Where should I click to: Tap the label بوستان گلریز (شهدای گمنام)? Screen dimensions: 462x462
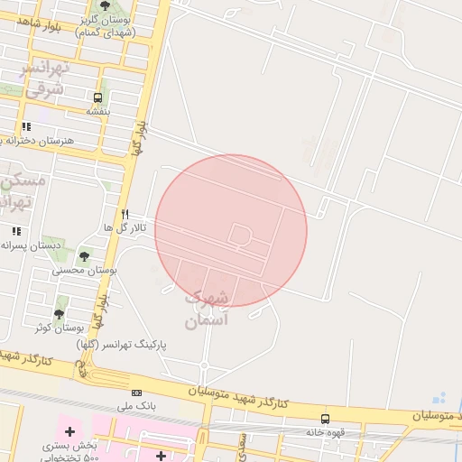(x=106, y=25)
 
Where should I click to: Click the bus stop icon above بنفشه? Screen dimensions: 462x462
(x=97, y=97)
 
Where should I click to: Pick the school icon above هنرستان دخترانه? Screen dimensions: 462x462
(x=26, y=126)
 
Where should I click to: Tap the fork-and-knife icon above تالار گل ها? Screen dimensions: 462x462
(x=125, y=214)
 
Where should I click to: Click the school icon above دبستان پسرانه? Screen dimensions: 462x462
(x=16, y=231)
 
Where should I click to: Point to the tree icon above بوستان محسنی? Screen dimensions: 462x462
(x=85, y=255)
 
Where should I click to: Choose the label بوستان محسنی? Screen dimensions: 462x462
(x=85, y=270)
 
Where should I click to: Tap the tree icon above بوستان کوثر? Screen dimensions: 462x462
(x=60, y=313)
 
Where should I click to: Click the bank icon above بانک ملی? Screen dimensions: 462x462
(x=136, y=393)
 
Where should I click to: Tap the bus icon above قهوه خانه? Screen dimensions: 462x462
(x=326, y=419)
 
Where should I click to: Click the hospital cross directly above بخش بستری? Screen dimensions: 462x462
(x=69, y=432)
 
